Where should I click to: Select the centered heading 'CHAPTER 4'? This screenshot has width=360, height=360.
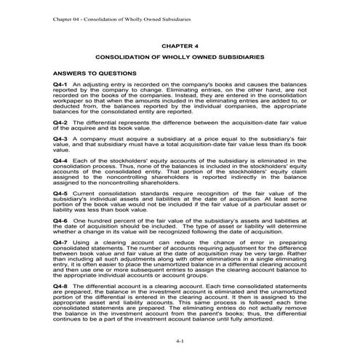click(180, 44)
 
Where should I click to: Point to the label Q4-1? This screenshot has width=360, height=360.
click(60, 87)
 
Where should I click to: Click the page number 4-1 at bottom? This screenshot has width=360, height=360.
click(180, 340)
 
